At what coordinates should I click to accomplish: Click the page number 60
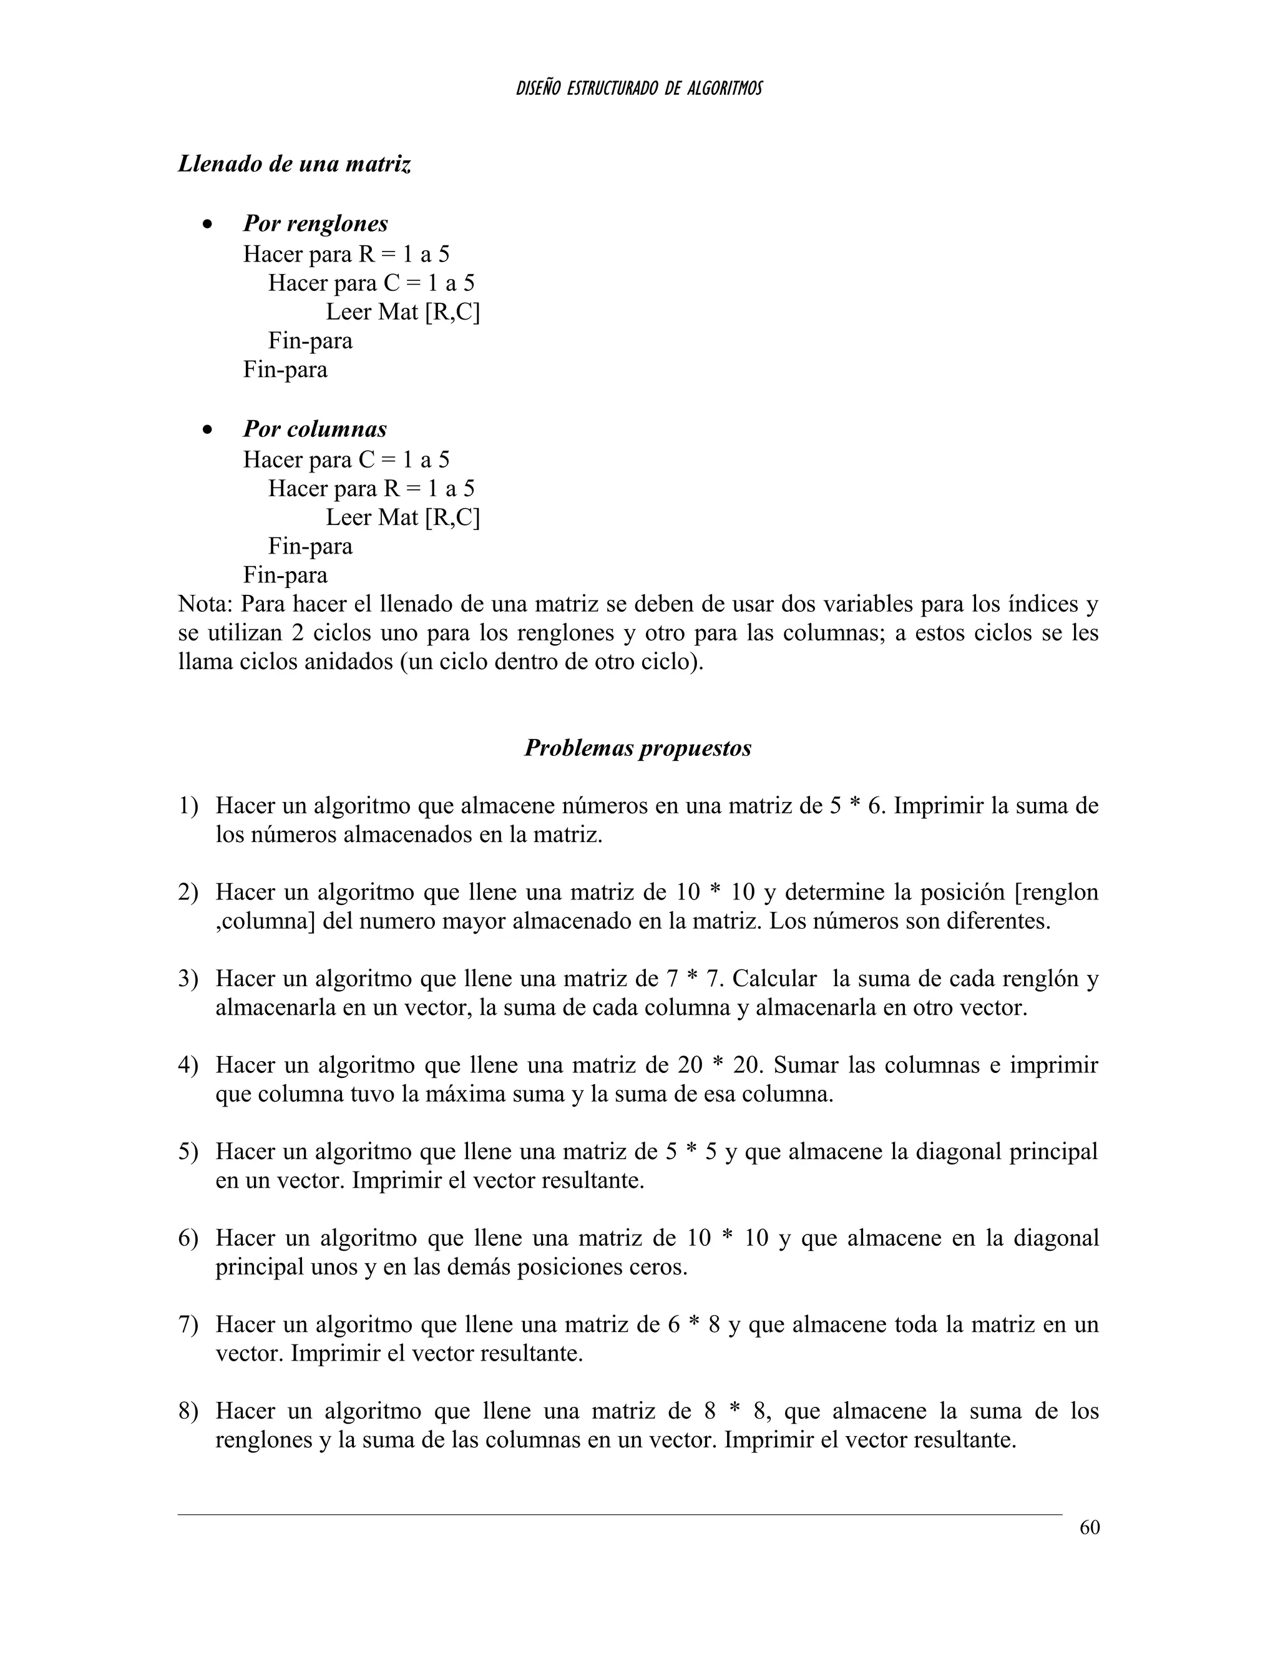1089,1527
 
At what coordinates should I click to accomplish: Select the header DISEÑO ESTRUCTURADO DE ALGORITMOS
638,89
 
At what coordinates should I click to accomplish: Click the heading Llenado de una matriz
295,164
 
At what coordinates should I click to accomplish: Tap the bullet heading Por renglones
315,223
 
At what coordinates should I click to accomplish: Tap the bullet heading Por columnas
315,429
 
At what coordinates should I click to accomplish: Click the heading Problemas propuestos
638,748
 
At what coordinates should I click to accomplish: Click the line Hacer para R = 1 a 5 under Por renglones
346,253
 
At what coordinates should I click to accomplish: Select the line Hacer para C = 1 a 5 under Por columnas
346,460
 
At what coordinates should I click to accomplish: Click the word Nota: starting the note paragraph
206,604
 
